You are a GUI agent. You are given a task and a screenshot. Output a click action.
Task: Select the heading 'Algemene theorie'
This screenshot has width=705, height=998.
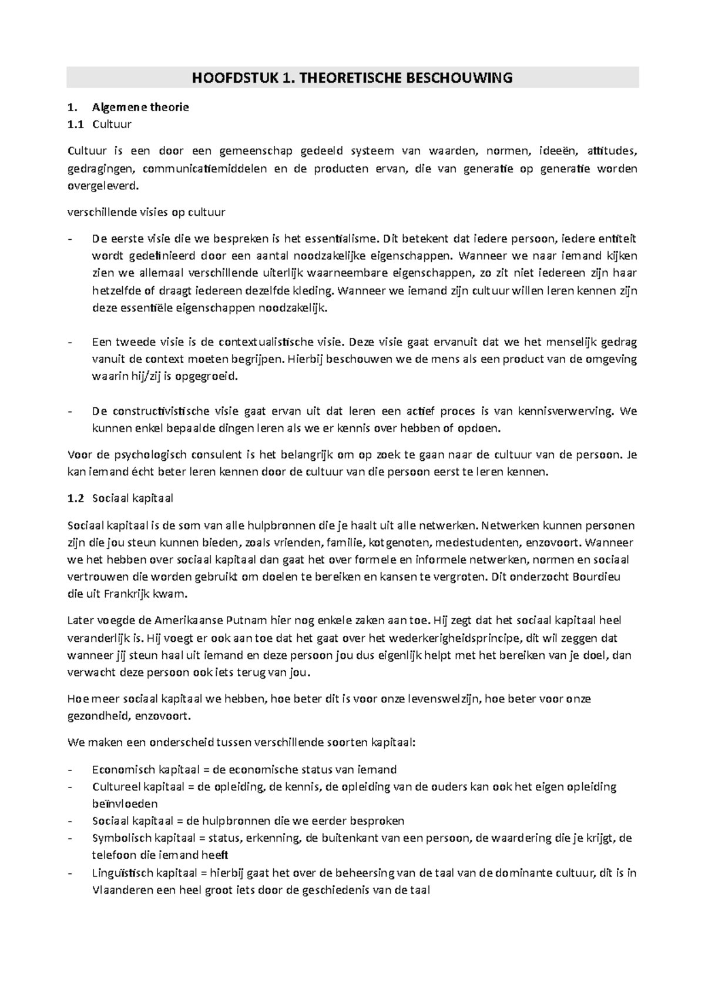coord(140,108)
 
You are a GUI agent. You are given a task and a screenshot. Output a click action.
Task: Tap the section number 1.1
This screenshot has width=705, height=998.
coord(76,125)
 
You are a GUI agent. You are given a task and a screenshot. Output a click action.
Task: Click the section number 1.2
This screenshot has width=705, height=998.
coord(76,498)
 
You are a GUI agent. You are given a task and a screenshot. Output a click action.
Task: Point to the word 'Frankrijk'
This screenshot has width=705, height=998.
coord(129,594)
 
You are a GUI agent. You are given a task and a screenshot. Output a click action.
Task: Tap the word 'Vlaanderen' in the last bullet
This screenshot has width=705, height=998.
coord(121,890)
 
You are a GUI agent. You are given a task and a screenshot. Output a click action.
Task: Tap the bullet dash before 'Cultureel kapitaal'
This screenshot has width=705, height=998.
coord(72,786)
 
